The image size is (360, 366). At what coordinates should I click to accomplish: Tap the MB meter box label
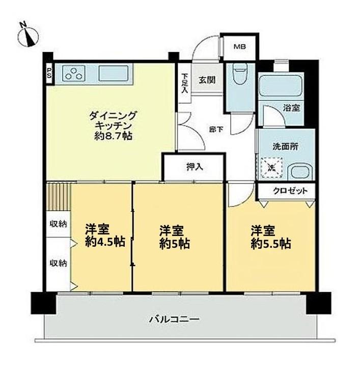tap(239, 47)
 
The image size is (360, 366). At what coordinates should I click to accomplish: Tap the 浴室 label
tap(291, 108)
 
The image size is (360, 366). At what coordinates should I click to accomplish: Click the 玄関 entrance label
tap(206, 80)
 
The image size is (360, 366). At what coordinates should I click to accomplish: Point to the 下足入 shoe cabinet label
tap(184, 83)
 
